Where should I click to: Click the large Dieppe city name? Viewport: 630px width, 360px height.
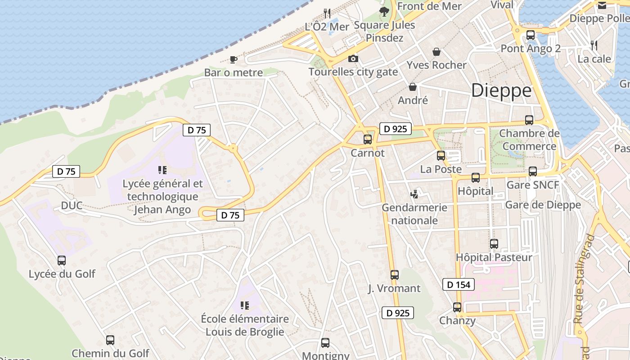tap(501, 91)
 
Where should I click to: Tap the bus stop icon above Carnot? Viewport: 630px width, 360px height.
tap(368, 139)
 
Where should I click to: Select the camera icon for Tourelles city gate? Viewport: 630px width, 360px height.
tap(353, 58)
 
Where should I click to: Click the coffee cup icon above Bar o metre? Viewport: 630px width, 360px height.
tap(233, 59)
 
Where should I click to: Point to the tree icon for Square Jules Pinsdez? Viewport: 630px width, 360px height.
tap(384, 12)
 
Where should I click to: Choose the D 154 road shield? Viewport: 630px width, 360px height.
tap(459, 284)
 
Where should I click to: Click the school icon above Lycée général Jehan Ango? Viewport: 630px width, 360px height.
tap(162, 170)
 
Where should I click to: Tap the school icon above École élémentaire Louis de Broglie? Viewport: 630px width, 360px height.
tap(245, 306)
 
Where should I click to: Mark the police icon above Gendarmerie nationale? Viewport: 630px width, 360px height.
tap(414, 194)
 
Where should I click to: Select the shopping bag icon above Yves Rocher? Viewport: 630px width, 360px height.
tap(436, 52)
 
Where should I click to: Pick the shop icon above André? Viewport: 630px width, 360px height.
tap(413, 87)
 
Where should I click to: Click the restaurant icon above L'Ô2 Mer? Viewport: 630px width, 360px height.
tap(327, 13)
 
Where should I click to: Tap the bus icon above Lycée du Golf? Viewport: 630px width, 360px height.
tap(62, 260)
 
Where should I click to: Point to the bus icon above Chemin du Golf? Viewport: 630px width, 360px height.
tap(110, 340)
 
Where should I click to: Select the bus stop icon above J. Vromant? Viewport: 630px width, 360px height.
tap(395, 274)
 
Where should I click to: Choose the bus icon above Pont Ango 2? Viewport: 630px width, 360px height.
tap(531, 35)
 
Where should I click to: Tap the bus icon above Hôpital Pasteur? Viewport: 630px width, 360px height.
tap(494, 244)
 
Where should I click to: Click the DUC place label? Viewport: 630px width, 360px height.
tap(72, 206)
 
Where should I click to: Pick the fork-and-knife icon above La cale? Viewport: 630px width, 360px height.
tap(594, 45)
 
